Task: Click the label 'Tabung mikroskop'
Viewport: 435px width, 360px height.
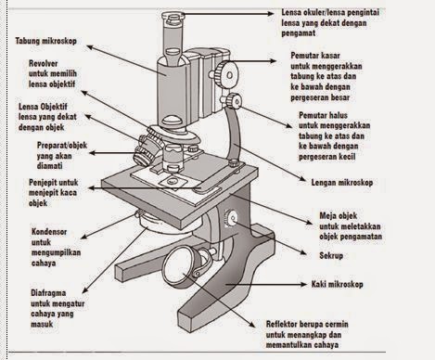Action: click(46, 41)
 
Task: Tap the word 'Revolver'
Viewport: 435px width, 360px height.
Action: click(44, 63)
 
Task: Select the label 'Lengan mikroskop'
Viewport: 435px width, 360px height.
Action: click(342, 183)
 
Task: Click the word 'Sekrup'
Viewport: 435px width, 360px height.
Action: click(331, 255)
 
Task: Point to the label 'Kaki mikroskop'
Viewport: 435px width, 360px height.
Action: click(338, 284)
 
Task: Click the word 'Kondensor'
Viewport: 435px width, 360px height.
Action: click(49, 232)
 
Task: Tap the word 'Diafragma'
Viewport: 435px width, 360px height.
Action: click(48, 292)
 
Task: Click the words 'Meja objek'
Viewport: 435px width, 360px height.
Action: click(339, 215)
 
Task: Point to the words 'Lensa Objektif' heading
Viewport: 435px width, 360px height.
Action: click(43, 107)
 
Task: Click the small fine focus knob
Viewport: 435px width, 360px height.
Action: click(233, 100)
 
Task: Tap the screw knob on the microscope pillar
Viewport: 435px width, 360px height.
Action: click(232, 218)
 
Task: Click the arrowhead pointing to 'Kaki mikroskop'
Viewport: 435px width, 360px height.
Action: click(303, 284)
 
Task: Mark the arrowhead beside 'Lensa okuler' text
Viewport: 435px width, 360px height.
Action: click(270, 14)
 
